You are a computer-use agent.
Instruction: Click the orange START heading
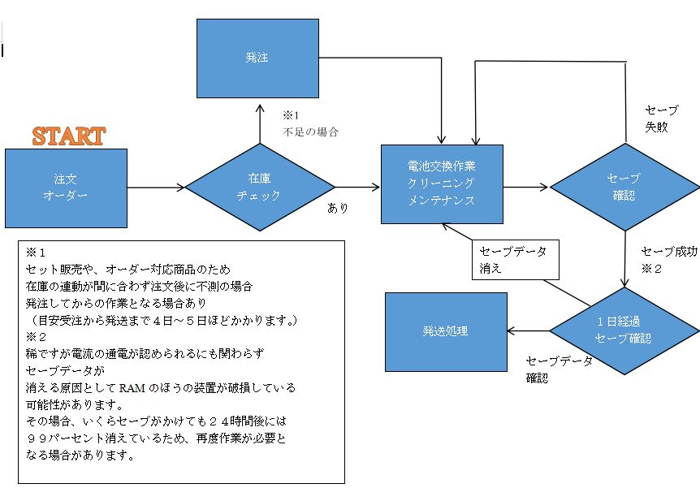pyautogui.click(x=68, y=136)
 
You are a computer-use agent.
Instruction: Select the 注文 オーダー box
pyautogui.click(x=66, y=188)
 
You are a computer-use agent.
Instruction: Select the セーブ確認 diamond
pyautogui.click(x=624, y=187)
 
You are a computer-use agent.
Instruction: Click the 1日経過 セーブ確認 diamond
pyautogui.click(x=624, y=330)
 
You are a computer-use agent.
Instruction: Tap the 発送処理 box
pyautogui.click(x=445, y=331)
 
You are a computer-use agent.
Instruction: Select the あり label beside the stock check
pyautogui.click(x=337, y=208)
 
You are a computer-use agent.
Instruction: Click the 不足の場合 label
pyautogui.click(x=310, y=132)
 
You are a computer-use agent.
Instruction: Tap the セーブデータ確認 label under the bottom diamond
pyautogui.click(x=559, y=369)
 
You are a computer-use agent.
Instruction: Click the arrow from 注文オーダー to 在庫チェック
pyautogui.click(x=156, y=188)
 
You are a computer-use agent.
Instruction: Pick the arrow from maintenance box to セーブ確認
pyautogui.click(x=526, y=187)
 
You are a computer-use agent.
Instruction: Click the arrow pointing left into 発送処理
pyautogui.click(x=528, y=330)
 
